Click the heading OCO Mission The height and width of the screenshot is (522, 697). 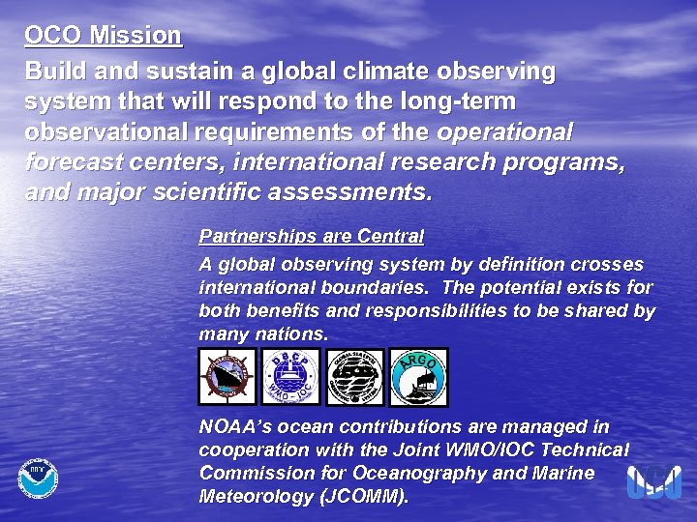(x=104, y=36)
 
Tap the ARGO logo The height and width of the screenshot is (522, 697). (x=419, y=377)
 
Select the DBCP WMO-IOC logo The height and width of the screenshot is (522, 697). (x=291, y=377)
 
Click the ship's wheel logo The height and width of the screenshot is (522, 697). (x=227, y=377)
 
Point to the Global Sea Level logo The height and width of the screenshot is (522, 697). (x=355, y=377)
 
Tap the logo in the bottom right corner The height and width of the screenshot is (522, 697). (x=654, y=480)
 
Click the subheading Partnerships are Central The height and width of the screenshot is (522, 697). (x=312, y=236)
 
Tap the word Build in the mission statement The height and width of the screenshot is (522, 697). (x=54, y=72)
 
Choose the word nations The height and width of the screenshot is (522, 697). (x=293, y=334)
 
